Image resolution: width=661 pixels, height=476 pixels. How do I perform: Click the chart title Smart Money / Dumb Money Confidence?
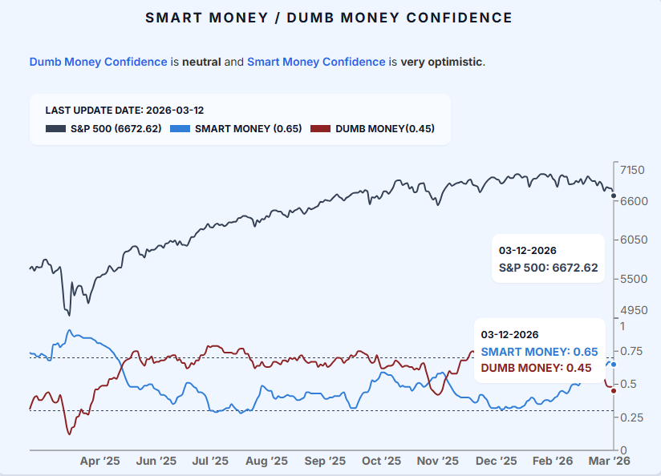click(330, 18)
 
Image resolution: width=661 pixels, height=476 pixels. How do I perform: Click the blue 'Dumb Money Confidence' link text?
click(98, 62)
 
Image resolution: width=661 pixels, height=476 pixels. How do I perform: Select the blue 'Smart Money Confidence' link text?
click(316, 62)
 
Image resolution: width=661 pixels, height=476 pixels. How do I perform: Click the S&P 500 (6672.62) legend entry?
click(103, 128)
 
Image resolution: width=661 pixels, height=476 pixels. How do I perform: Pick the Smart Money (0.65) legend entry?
click(237, 128)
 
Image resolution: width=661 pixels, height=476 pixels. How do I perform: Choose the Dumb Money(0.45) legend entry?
click(373, 128)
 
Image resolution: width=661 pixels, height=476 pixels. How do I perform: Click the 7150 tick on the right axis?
click(633, 170)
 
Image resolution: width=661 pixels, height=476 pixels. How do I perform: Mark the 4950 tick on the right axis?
click(633, 309)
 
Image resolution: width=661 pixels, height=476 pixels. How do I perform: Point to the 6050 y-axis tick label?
click(633, 240)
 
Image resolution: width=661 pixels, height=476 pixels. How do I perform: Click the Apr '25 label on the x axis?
click(100, 461)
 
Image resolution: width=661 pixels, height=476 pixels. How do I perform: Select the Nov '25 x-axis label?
click(438, 461)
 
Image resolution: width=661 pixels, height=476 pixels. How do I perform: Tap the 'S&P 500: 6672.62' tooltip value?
click(549, 268)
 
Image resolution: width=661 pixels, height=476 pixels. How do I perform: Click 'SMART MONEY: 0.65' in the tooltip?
click(539, 352)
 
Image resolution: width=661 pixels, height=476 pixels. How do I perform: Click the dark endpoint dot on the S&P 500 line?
click(614, 196)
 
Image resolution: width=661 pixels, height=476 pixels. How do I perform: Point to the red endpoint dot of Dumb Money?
click(614, 390)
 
